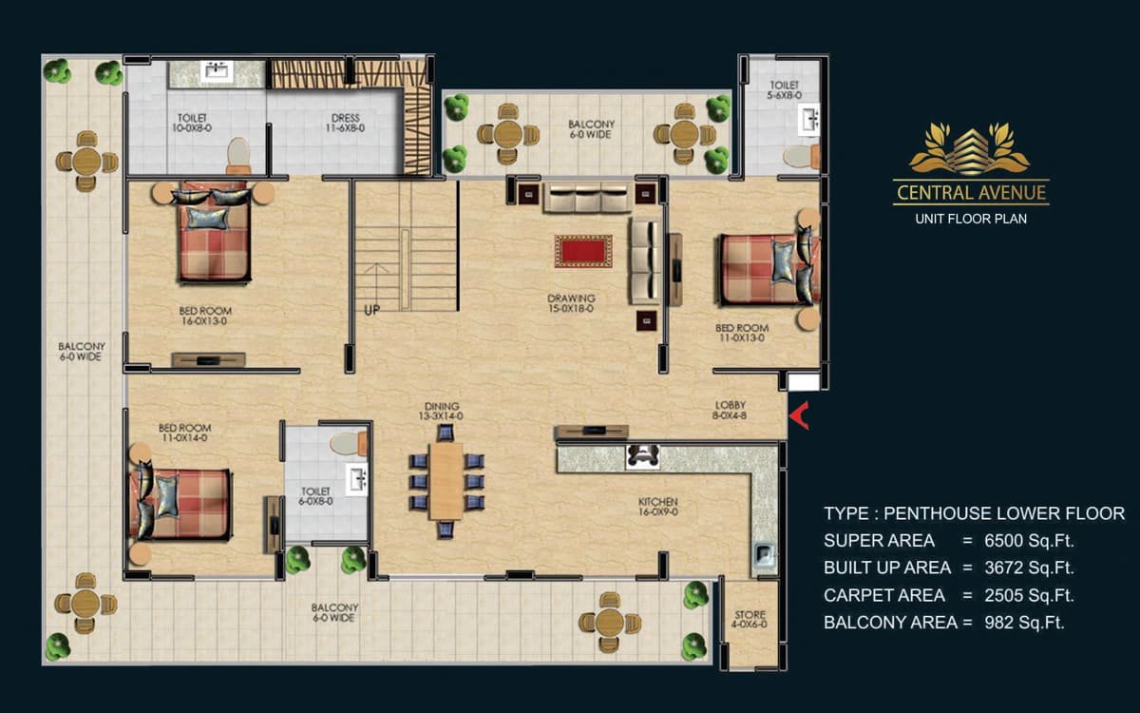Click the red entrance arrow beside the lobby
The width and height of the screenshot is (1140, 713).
coord(799,415)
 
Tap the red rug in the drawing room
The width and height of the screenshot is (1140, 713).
coord(583,251)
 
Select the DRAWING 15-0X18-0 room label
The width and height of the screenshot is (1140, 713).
coord(571,303)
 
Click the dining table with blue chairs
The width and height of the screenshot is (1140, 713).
coord(446,481)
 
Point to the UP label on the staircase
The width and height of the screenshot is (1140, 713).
coord(372,310)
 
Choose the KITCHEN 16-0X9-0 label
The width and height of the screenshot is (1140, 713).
coord(658,507)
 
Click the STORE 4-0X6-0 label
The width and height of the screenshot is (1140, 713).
coord(750,619)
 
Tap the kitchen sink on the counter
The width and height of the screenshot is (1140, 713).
coord(764,554)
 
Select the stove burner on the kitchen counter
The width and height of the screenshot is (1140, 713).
coord(642,455)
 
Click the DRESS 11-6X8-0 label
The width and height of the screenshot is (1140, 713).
coord(346,123)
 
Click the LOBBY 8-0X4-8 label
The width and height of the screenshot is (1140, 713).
coord(731,410)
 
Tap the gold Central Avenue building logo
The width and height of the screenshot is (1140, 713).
coord(970,148)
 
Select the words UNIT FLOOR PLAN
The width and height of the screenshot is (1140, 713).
coord(971,219)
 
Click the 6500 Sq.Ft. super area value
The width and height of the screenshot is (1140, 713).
coord(1029,540)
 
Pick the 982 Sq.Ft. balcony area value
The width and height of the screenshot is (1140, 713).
coord(1024,623)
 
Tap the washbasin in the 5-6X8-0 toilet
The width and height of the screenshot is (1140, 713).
coord(808,120)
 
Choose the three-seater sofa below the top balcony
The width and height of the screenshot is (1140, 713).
coord(587,197)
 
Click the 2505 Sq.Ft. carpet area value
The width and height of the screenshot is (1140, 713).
coord(1029,595)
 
